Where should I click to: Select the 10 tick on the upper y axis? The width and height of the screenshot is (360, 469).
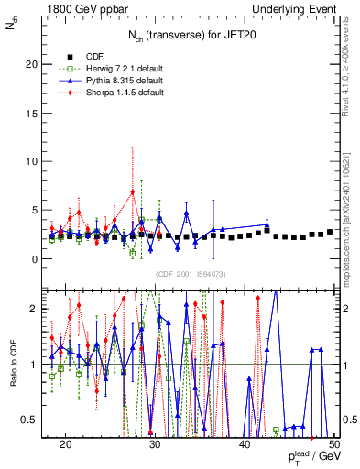pos(36,162)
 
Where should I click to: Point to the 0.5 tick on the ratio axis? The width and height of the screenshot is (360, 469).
pos(34,420)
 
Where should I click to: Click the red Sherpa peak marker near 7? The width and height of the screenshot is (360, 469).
pos(133,191)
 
